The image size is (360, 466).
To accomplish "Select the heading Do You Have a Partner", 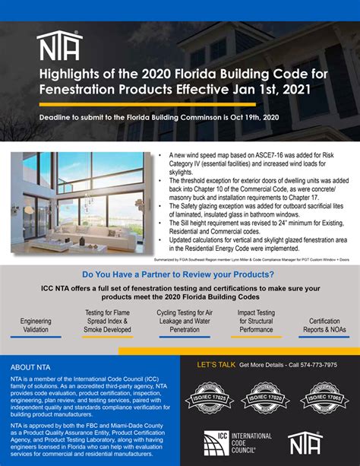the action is (x=179, y=274).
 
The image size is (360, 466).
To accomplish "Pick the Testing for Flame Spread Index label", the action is (x=106, y=322).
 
